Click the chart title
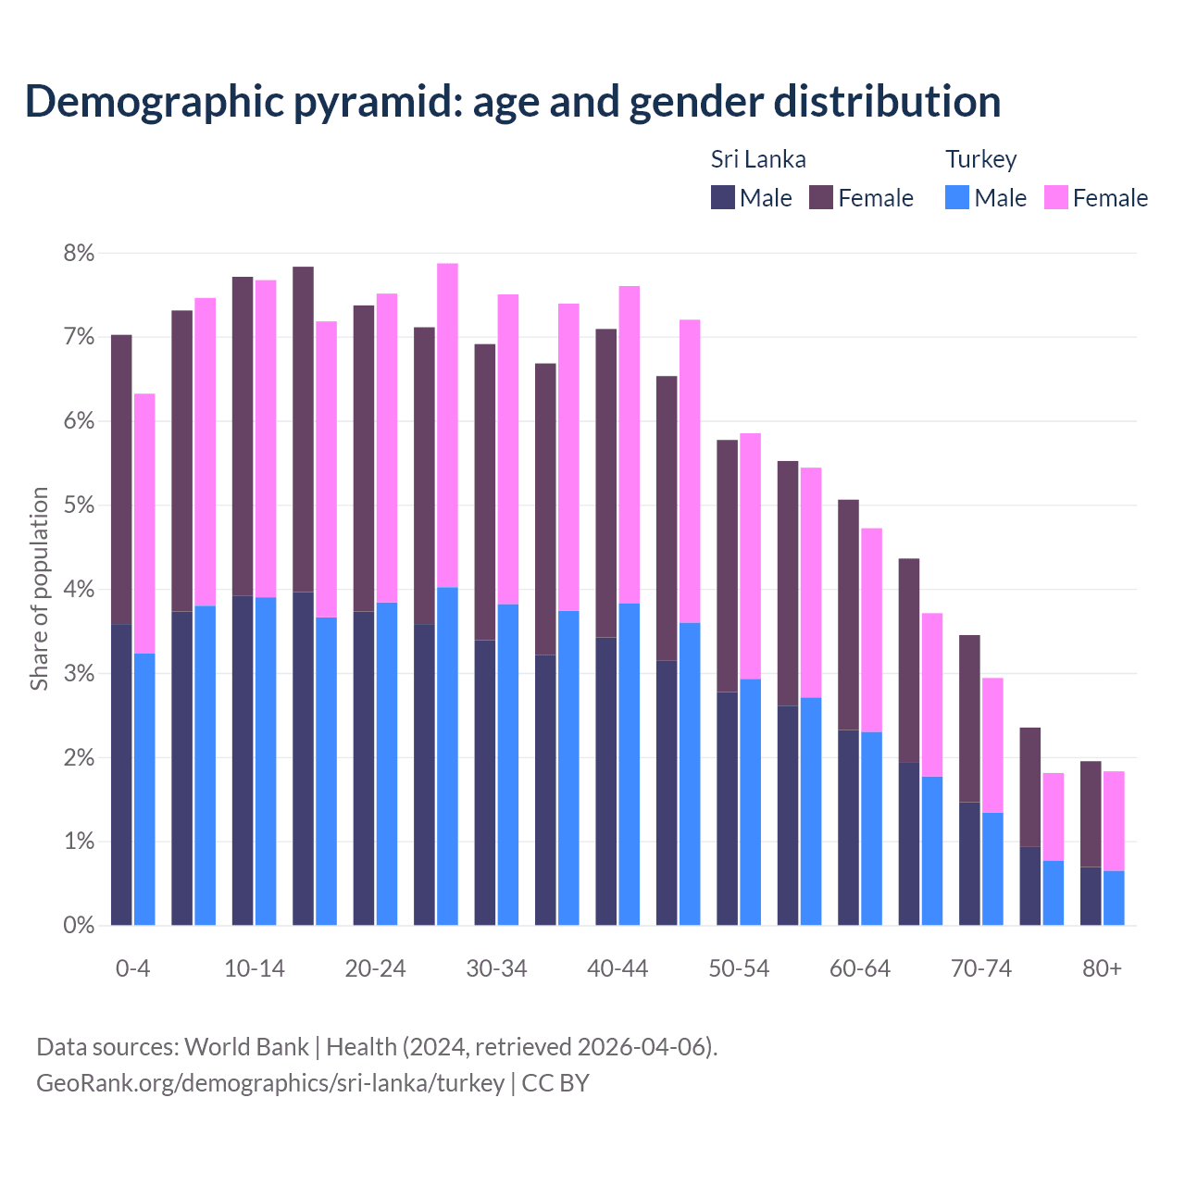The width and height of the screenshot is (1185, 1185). pyautogui.click(x=513, y=102)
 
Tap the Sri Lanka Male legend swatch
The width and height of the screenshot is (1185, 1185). pyautogui.click(x=723, y=197)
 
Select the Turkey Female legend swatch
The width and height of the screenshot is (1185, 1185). pyautogui.click(x=1055, y=197)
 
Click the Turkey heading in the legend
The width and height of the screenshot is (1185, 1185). pyautogui.click(x=980, y=159)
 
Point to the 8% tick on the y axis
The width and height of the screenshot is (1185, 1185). pyautogui.click(x=79, y=254)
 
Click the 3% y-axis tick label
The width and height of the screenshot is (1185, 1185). pyautogui.click(x=79, y=674)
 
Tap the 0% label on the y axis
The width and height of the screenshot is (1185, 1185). pyautogui.click(x=79, y=926)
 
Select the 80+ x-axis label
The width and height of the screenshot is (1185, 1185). pyautogui.click(x=1102, y=968)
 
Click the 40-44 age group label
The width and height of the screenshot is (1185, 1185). pyautogui.click(x=617, y=968)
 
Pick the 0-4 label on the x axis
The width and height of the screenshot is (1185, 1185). pyautogui.click(x=132, y=968)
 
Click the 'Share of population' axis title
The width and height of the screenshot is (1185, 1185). pyautogui.click(x=40, y=589)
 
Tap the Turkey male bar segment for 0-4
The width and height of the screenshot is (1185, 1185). pyautogui.click(x=144, y=789)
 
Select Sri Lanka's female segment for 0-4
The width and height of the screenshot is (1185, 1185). pyautogui.click(x=121, y=480)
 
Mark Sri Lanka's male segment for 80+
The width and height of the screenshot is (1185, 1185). pyautogui.click(x=1091, y=896)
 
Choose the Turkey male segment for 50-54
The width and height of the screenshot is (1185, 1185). pyautogui.click(x=750, y=802)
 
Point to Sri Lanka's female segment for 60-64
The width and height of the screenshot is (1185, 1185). pyautogui.click(x=848, y=615)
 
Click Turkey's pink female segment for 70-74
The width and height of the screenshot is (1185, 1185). pyautogui.click(x=992, y=745)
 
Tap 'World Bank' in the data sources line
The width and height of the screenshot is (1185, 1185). pyautogui.click(x=246, y=1047)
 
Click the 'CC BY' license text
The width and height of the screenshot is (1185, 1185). pyautogui.click(x=555, y=1083)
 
